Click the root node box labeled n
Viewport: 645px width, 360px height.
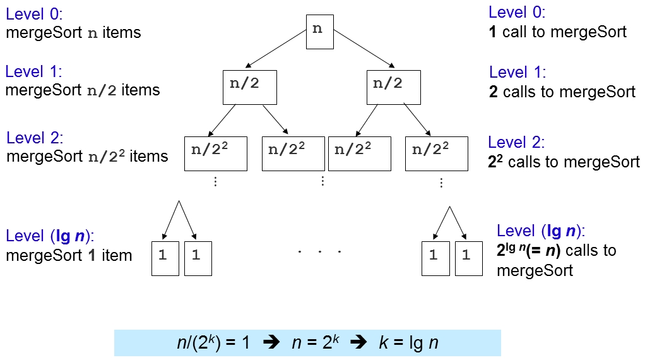point(320,32)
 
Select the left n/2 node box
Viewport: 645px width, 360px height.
point(250,88)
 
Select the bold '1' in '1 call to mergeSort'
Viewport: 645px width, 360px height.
point(493,32)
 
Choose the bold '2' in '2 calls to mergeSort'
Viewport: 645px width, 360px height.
point(494,92)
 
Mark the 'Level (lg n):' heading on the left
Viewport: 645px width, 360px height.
point(50,237)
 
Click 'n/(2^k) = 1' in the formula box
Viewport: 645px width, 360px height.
point(214,343)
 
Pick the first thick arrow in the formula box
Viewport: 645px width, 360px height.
point(270,343)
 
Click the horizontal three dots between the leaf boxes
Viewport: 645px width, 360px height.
point(319,251)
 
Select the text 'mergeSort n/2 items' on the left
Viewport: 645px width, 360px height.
point(83,90)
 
